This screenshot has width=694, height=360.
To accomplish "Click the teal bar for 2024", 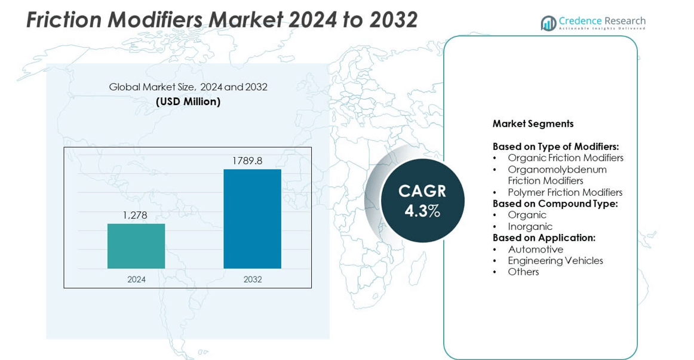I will coord(136,246).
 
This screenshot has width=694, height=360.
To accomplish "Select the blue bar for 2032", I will coord(252,219).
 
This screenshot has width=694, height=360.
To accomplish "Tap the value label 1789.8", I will coord(247,161).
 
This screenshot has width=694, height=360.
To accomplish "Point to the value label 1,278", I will coord(135,215).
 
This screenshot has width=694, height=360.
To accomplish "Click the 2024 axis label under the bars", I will coord(136,279).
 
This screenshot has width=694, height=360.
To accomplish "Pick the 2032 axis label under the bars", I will coord(253,279).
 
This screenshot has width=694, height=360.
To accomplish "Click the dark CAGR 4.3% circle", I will coord(422,201).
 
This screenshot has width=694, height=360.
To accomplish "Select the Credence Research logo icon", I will coord(548,23).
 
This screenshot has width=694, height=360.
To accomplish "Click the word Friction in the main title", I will coord(63,20).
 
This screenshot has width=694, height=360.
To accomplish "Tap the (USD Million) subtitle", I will coord(188,101).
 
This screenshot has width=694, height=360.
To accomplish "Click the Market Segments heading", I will coord(533,124).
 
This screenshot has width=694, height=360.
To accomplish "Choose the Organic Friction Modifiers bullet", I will coord(565,158).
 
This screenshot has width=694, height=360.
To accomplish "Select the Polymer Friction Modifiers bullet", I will coord(565,192).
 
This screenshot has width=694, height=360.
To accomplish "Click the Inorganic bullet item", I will coord(530,226).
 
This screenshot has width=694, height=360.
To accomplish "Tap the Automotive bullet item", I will coord(535,249).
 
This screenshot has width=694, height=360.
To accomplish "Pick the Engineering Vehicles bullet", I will coord(555,260).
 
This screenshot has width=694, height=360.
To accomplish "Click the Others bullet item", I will coord(523,272).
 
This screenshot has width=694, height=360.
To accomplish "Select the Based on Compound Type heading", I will coord(555,204).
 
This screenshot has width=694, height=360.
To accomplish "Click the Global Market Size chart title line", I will coord(188,87).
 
